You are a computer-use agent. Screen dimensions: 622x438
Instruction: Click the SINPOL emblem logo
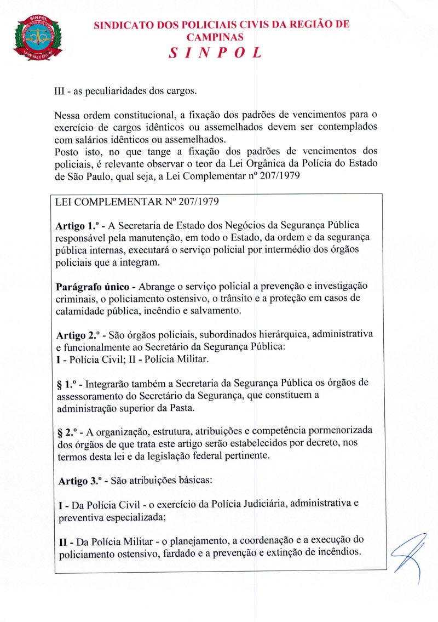[x=38, y=37]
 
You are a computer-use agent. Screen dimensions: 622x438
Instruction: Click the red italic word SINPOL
[x=215, y=53]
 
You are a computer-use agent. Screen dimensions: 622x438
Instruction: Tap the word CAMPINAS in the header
[x=215, y=37]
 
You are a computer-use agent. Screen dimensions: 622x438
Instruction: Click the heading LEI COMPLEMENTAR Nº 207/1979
[x=137, y=202]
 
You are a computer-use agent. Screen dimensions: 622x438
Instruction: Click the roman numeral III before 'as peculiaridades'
[x=61, y=91]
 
